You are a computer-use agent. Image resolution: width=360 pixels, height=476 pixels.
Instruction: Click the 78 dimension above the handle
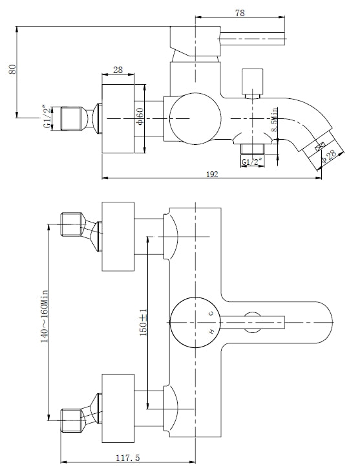240,12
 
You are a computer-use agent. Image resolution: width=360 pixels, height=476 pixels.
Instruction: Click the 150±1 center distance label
143,321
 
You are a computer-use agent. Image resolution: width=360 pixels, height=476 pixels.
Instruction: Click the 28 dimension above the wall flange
118,69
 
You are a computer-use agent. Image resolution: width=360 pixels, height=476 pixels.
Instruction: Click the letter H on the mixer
210,332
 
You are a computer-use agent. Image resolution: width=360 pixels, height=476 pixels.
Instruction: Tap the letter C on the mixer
210,312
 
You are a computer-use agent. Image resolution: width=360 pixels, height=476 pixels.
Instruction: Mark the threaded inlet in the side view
74,118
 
